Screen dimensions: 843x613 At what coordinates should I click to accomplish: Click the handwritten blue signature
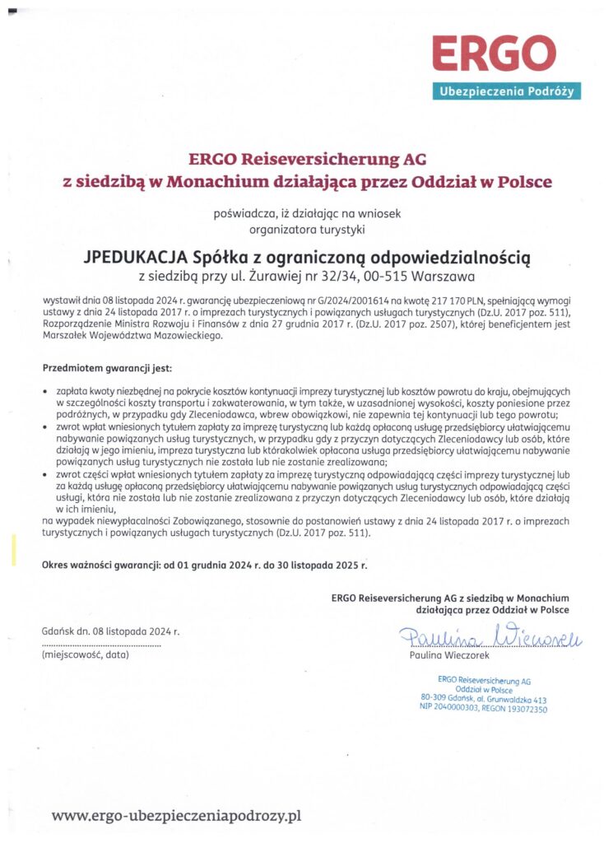point(490,636)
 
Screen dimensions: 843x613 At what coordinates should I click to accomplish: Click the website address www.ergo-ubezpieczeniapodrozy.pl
point(177,816)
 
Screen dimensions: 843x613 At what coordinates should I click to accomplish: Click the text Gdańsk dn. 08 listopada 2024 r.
point(109,631)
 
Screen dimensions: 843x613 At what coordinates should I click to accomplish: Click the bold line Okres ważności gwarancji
point(204,565)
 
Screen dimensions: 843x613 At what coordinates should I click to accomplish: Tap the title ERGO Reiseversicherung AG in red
point(307,158)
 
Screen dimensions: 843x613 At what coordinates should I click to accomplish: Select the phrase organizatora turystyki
point(306,229)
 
